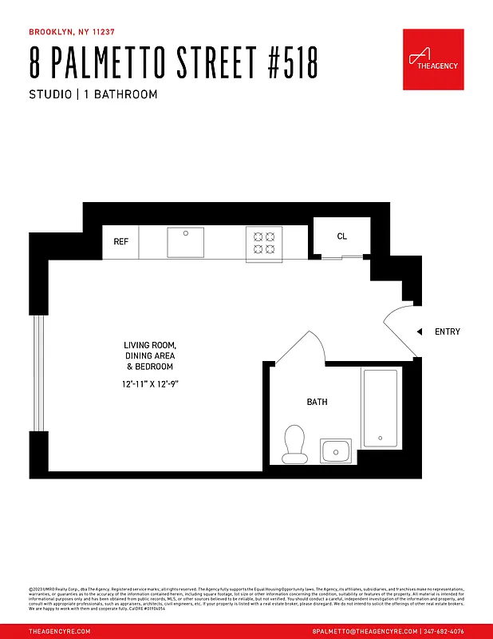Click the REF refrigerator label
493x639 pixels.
(x=121, y=241)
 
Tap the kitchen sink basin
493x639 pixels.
(x=185, y=242)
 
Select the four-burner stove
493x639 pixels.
(x=264, y=242)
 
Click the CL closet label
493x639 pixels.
(x=342, y=236)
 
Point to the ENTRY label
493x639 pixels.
(x=447, y=331)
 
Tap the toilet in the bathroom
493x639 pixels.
(x=295, y=443)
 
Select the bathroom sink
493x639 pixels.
(x=336, y=451)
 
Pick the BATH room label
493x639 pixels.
(x=317, y=402)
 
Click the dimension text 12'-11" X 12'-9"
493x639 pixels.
(x=149, y=384)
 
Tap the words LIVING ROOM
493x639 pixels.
(x=149, y=345)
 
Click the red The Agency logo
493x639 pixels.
(x=433, y=60)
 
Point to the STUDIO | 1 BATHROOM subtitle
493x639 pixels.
(x=93, y=94)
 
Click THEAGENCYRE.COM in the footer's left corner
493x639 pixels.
(x=60, y=631)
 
